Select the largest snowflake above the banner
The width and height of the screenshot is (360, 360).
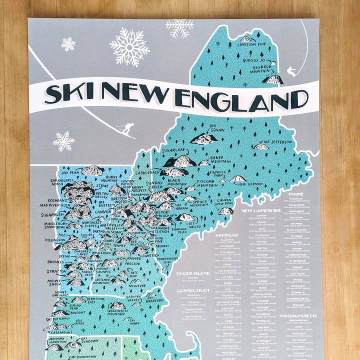click(x=129, y=46)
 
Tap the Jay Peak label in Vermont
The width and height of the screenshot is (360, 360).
click(x=70, y=172)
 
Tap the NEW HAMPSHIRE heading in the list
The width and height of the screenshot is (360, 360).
click(x=260, y=210)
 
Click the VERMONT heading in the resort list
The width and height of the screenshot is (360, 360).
click(x=227, y=234)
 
